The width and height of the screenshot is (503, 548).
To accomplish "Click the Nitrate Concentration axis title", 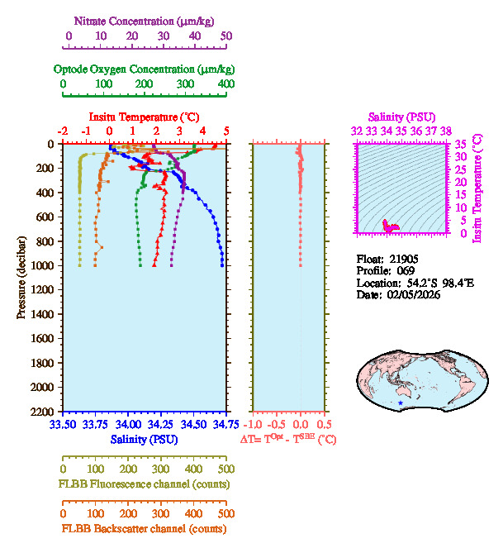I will (x=146, y=20).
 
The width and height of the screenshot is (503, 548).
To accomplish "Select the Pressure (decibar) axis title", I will (x=21, y=278).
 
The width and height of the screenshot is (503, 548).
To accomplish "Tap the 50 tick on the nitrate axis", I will (x=225, y=36).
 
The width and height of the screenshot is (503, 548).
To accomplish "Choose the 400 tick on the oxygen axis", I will (x=225, y=84).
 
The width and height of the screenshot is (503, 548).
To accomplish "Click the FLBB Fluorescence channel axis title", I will (x=144, y=484).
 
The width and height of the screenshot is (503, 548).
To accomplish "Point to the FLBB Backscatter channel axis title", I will (x=144, y=528).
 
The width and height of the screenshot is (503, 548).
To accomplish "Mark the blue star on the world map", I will (x=401, y=403).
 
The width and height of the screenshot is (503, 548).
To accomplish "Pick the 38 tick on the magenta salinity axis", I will (x=446, y=131).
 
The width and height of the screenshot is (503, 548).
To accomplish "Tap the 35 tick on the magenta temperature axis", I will (x=463, y=144).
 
